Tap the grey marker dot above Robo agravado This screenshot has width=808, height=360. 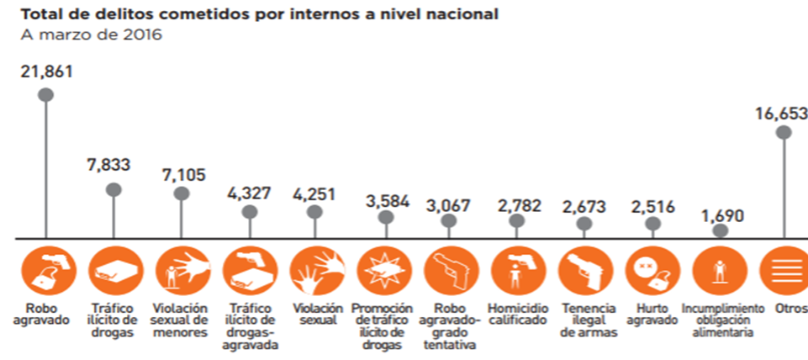[46, 95]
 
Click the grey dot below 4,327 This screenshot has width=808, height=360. [248, 211]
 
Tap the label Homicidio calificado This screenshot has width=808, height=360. [516, 315]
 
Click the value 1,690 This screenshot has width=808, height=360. [724, 215]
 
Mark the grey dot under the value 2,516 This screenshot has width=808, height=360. [652, 225]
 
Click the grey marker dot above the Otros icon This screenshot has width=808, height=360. [784, 133]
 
